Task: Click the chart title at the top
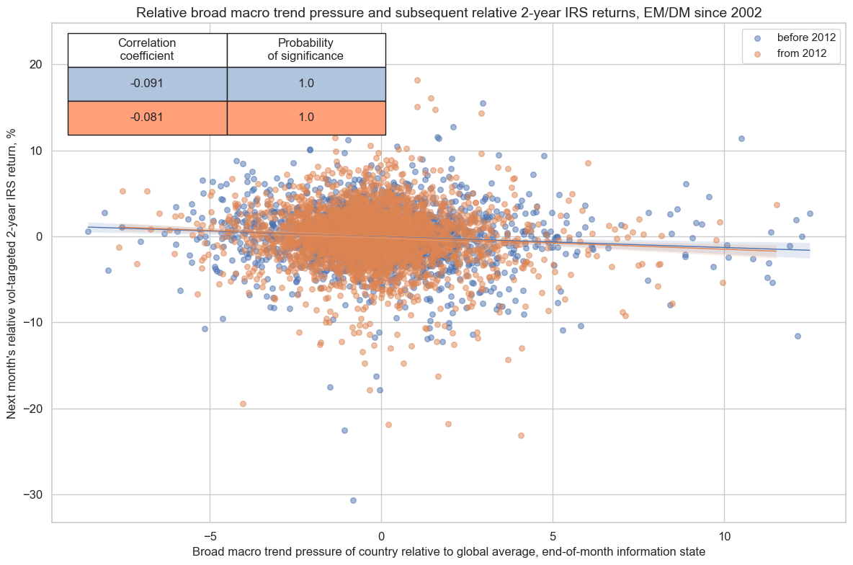(x=448, y=12)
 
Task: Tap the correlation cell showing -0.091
(x=147, y=84)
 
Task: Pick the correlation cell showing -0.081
(x=147, y=117)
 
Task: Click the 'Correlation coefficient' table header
(x=147, y=50)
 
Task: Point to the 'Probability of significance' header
(x=306, y=50)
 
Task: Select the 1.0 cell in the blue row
(x=306, y=84)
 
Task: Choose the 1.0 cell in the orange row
(x=306, y=117)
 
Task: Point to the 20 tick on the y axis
(x=35, y=65)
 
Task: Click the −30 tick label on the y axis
(x=32, y=495)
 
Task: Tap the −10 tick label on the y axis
(x=32, y=323)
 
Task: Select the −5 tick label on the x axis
(x=210, y=536)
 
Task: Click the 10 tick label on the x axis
(x=724, y=536)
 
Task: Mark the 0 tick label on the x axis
(x=381, y=536)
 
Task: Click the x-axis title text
(x=448, y=552)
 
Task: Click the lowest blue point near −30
(x=353, y=500)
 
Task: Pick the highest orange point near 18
(x=417, y=80)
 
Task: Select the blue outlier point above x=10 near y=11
(x=741, y=138)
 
